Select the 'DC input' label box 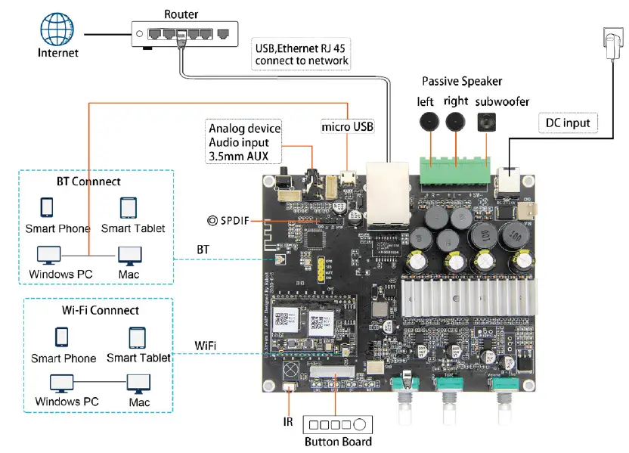point(568,123)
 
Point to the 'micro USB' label point(347,126)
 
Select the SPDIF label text point(235,221)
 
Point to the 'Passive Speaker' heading point(461,81)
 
